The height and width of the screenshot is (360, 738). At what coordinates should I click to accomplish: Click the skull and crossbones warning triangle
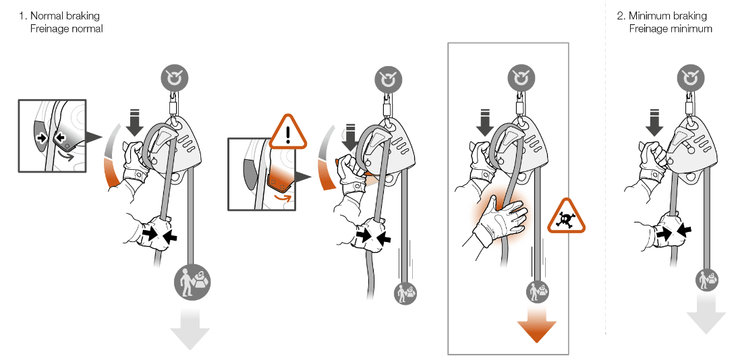click(566, 218)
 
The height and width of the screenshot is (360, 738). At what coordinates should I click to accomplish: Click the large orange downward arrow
click(536, 325)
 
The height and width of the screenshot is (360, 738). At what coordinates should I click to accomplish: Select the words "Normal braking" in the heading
click(65, 16)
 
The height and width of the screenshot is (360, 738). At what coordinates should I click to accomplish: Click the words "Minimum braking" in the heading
click(667, 16)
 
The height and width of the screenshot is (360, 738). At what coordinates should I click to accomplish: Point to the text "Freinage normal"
click(66, 29)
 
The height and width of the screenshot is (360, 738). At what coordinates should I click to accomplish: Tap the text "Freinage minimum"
click(671, 29)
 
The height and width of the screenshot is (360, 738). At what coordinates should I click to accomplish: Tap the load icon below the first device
click(192, 282)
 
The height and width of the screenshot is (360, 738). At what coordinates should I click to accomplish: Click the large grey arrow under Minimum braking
click(706, 312)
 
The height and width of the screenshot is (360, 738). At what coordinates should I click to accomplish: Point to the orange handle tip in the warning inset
click(279, 185)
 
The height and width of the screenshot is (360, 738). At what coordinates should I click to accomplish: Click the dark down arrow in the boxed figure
click(485, 123)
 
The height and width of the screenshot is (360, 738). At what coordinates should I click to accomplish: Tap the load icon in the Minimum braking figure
click(707, 280)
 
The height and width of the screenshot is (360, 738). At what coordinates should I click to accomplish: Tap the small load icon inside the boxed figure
click(538, 292)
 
